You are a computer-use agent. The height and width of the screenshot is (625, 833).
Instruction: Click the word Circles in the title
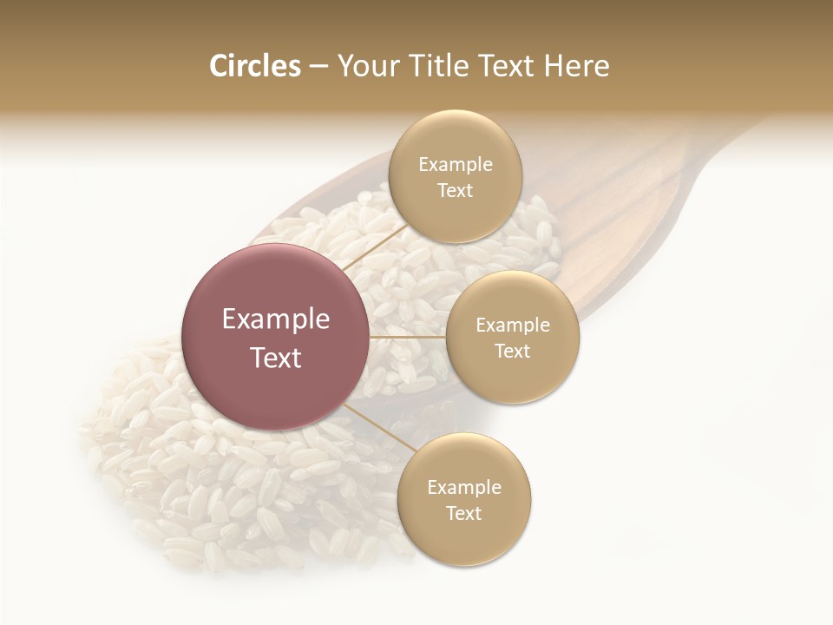pyautogui.click(x=254, y=66)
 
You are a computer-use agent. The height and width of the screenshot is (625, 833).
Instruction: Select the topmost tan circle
pyautogui.click(x=455, y=176)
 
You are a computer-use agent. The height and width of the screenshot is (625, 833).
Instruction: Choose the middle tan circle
pyautogui.click(x=512, y=337)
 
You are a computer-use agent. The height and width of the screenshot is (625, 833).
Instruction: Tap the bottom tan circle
pyautogui.click(x=464, y=499)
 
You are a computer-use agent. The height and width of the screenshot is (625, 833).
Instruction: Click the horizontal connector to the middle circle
pyautogui.click(x=408, y=337)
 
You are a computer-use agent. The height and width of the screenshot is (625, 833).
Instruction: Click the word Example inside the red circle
pyautogui.click(x=276, y=319)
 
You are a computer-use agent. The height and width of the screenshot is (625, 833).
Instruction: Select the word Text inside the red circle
pyautogui.click(x=276, y=358)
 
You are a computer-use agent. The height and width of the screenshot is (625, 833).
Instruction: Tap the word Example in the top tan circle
pyautogui.click(x=456, y=164)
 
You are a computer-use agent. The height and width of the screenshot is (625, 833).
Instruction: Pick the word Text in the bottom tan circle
pyautogui.click(x=463, y=513)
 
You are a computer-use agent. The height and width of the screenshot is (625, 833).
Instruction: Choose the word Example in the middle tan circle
pyautogui.click(x=513, y=325)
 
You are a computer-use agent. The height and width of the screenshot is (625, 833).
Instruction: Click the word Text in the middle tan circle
pyautogui.click(x=512, y=351)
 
